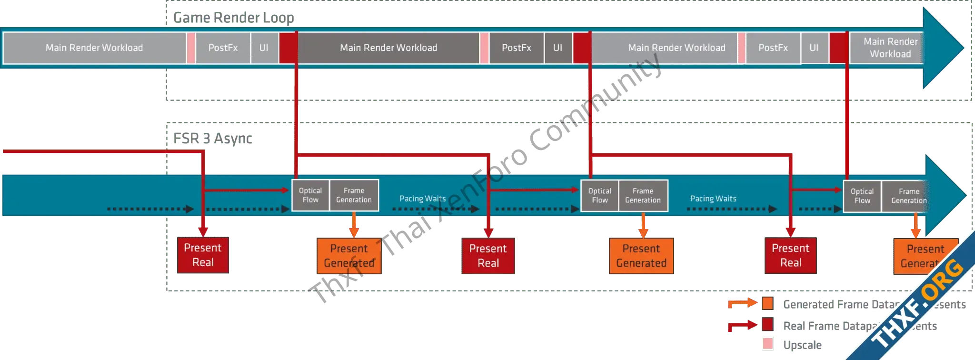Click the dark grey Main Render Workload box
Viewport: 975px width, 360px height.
coord(388,48)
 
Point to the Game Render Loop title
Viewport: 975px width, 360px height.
coord(233,18)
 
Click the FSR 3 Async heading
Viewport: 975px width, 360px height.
coord(211,139)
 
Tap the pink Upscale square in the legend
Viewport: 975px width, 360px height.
coord(767,343)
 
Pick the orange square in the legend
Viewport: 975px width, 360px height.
coord(767,303)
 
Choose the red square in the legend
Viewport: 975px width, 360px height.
coord(767,325)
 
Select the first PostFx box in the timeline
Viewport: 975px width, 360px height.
coord(223,48)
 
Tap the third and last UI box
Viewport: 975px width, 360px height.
coord(814,48)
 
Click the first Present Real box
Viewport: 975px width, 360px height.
coord(203,255)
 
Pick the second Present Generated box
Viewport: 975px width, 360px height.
coord(641,256)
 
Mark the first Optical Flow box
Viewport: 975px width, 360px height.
coord(310,195)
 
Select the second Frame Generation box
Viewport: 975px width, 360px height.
coord(643,196)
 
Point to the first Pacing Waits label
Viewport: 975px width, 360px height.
coord(422,199)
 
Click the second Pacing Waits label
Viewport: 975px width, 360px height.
coord(713,199)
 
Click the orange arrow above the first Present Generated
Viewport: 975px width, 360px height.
coord(353,224)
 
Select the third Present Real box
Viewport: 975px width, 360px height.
coord(790,256)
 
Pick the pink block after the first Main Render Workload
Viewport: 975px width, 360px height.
coord(191,48)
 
